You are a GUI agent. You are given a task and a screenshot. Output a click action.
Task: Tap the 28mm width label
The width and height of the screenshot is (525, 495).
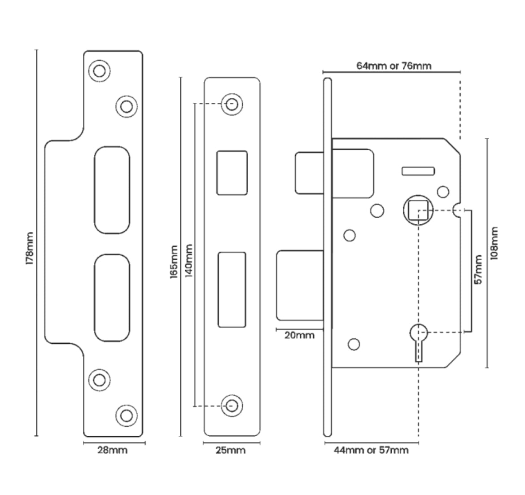pos(113,450)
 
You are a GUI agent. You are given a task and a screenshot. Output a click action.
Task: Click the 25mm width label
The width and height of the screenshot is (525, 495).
pos(231,450)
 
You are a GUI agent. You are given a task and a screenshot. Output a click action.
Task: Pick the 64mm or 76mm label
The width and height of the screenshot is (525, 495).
pos(394,66)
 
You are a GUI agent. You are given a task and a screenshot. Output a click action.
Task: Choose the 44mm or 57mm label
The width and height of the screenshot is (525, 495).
pos(371,450)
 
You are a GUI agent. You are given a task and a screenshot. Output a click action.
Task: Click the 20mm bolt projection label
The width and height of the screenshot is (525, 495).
pos(300,335)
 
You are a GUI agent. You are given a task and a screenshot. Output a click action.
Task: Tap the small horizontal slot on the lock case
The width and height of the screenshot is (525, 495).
pos(418,171)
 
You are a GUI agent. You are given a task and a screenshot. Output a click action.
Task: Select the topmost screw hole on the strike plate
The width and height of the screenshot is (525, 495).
pos(99,71)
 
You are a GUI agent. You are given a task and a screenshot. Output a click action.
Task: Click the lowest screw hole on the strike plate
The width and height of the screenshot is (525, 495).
pos(127,415)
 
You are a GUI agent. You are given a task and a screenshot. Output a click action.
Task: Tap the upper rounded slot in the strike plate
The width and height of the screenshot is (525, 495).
pos(112,189)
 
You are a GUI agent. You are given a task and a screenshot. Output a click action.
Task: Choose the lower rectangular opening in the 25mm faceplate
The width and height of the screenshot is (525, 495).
pos(232,289)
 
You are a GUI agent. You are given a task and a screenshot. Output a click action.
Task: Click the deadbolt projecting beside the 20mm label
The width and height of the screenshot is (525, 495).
pos(300,286)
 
